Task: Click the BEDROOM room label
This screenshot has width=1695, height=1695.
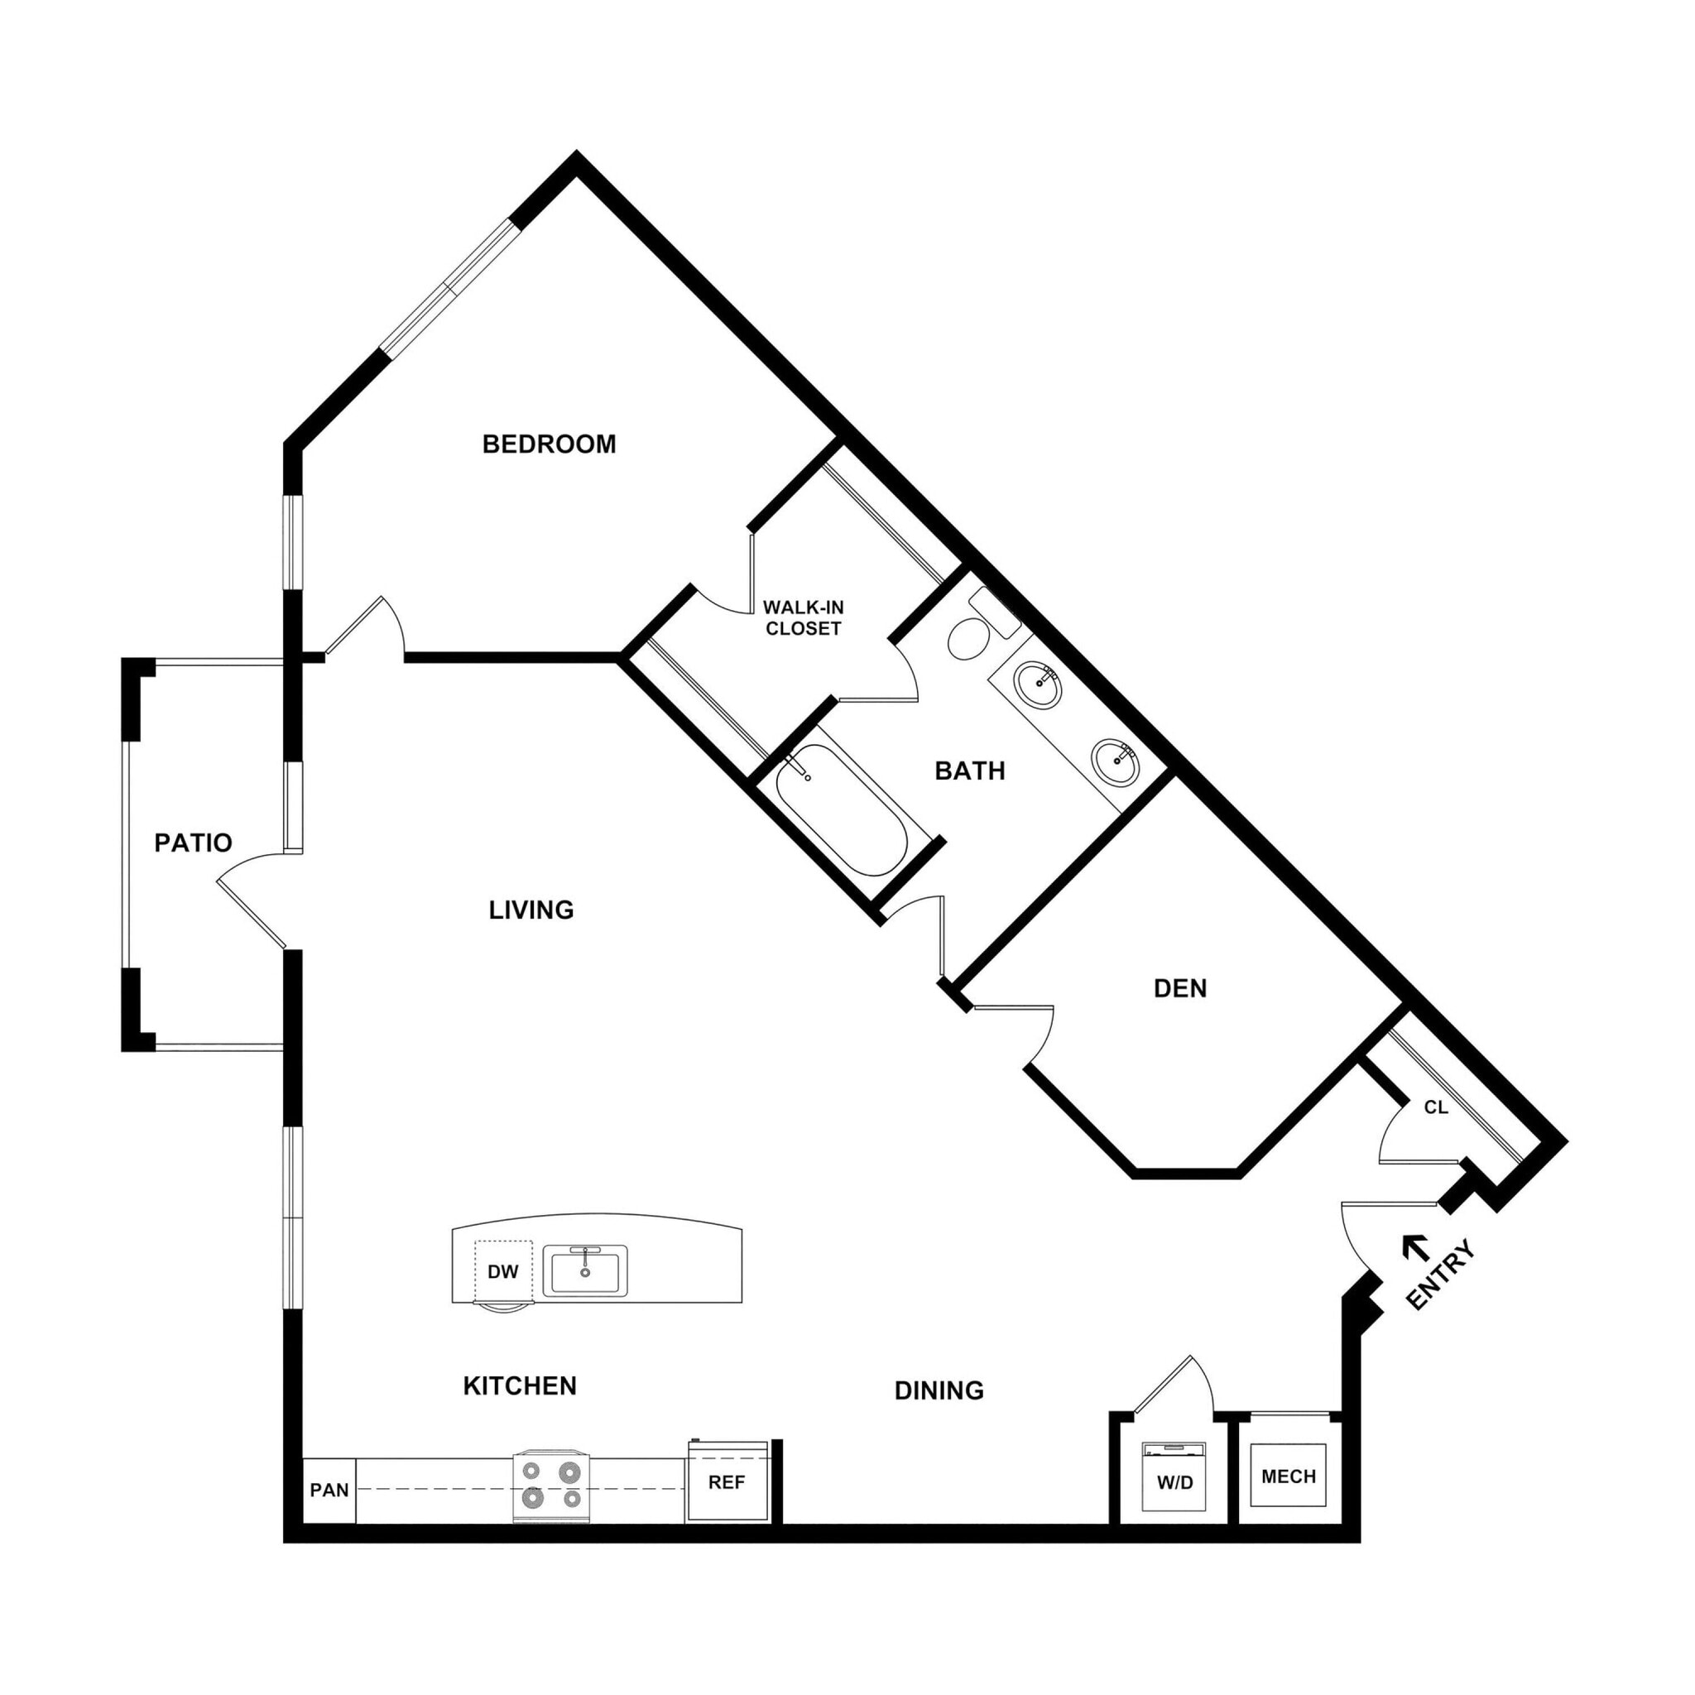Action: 550,444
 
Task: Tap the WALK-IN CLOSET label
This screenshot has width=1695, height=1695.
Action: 803,617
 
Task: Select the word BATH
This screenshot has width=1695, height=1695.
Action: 969,771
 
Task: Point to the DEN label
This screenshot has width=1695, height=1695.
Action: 1180,989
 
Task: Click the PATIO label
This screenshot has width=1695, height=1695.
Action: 193,843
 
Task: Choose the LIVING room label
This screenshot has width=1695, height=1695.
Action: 531,910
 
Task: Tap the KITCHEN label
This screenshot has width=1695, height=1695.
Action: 520,1386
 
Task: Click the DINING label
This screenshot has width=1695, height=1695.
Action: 939,1390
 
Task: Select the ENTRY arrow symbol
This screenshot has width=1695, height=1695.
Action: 1414,1246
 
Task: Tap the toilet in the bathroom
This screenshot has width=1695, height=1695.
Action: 969,638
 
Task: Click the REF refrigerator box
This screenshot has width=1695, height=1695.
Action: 727,1482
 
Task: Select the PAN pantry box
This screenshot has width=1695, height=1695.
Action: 329,1491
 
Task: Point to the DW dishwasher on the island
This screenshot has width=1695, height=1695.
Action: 502,1272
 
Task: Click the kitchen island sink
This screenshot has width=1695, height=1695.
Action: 584,1270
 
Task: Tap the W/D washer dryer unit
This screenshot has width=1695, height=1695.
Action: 1174,1482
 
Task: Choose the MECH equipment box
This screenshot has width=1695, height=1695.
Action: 1288,1477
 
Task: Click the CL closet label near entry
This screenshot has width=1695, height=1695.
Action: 1435,1108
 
